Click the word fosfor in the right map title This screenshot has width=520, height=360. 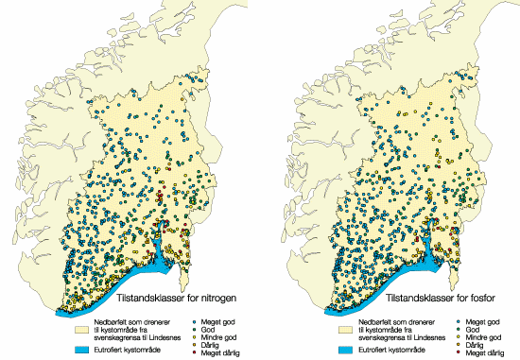485,301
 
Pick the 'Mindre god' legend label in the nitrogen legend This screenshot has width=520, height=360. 217,335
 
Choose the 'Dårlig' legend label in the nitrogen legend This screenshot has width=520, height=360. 209,344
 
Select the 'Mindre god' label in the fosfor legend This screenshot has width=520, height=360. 480,335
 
